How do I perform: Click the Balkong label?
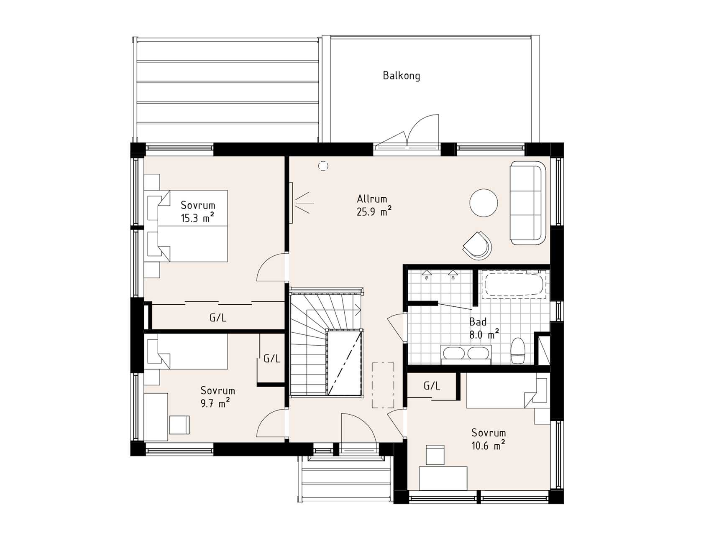coord(401,76)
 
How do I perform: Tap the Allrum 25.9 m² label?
coord(374,205)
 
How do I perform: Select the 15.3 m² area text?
coord(197,218)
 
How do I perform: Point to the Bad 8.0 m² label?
coord(484,328)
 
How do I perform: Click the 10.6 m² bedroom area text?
coord(488,446)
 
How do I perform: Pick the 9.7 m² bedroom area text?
coord(215,403)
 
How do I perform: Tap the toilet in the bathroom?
coord(519,350)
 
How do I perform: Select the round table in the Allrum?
coord(484,203)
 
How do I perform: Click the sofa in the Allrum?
coord(528,203)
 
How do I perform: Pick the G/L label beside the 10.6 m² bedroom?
coord(432,385)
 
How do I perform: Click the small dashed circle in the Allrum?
coord(323,166)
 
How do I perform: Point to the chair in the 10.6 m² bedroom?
coord(435,455)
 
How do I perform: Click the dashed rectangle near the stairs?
coord(383,385)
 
